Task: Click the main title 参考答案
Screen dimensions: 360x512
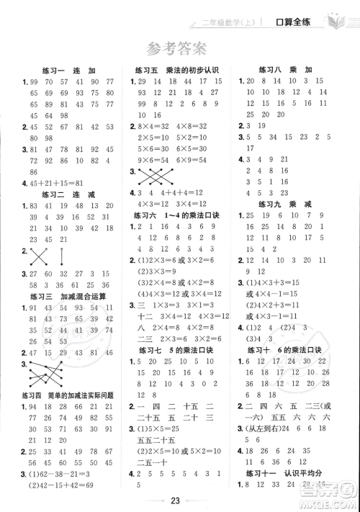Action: [179, 49]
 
